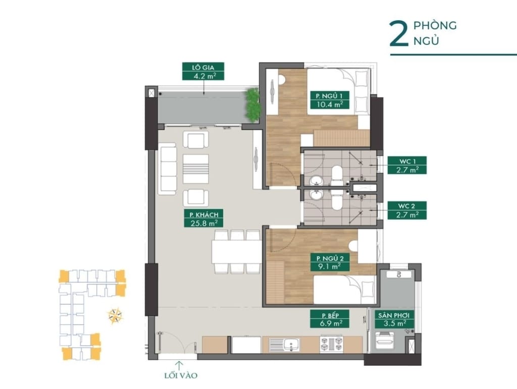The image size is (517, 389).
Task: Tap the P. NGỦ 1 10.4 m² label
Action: point(329,99)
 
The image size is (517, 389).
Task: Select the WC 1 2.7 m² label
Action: point(407,165)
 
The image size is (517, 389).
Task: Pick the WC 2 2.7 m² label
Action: point(407,210)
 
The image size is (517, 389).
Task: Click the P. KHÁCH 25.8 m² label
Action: point(204,218)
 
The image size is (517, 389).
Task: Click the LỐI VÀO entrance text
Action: point(180,375)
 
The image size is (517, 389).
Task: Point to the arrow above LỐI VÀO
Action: point(180,364)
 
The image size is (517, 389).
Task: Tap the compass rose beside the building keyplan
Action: point(115,316)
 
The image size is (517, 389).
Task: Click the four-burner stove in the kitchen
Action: point(331,345)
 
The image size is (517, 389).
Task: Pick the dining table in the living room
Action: point(236,251)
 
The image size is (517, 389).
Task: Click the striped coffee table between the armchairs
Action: point(195,169)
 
